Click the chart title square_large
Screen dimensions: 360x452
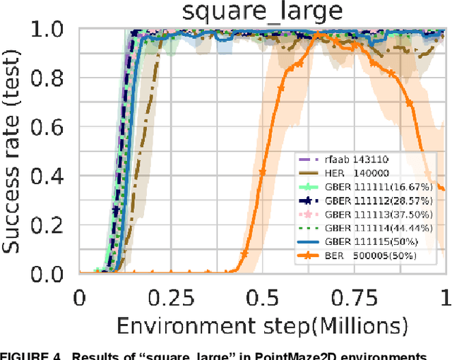261,11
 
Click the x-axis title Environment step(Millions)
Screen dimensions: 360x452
263,325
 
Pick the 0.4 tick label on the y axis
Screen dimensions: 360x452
52,177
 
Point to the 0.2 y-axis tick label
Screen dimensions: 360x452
52,226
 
